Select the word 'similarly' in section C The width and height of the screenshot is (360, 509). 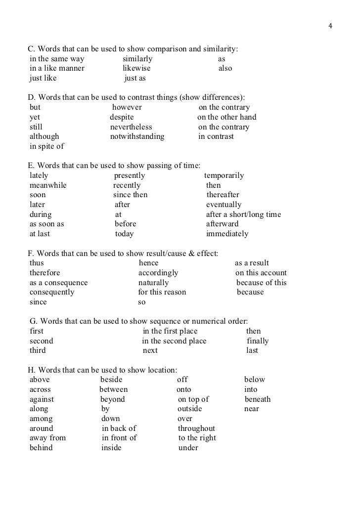[x=137, y=59]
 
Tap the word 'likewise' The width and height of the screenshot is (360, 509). [x=136, y=68]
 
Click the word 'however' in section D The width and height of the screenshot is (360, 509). [x=127, y=107]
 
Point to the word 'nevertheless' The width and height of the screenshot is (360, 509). [x=131, y=127]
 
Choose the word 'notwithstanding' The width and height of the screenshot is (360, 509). [x=137, y=136]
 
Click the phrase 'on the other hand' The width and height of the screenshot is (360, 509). [x=227, y=117]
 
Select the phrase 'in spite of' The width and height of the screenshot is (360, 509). [x=47, y=146]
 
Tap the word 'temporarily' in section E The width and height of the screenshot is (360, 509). [x=224, y=175]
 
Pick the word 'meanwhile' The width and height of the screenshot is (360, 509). [x=48, y=185]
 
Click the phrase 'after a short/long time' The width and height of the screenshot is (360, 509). [x=243, y=214]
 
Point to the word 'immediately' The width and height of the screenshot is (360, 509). [x=227, y=234]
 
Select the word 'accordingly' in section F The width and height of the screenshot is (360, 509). [x=158, y=273]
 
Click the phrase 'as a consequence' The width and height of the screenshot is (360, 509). [x=59, y=283]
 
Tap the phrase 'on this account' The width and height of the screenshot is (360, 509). [x=261, y=273]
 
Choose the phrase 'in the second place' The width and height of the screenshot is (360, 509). [x=174, y=341]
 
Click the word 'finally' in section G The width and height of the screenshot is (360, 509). [x=258, y=341]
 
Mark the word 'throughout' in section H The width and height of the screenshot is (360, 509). [x=197, y=428]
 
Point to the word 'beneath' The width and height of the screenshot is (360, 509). [x=258, y=399]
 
